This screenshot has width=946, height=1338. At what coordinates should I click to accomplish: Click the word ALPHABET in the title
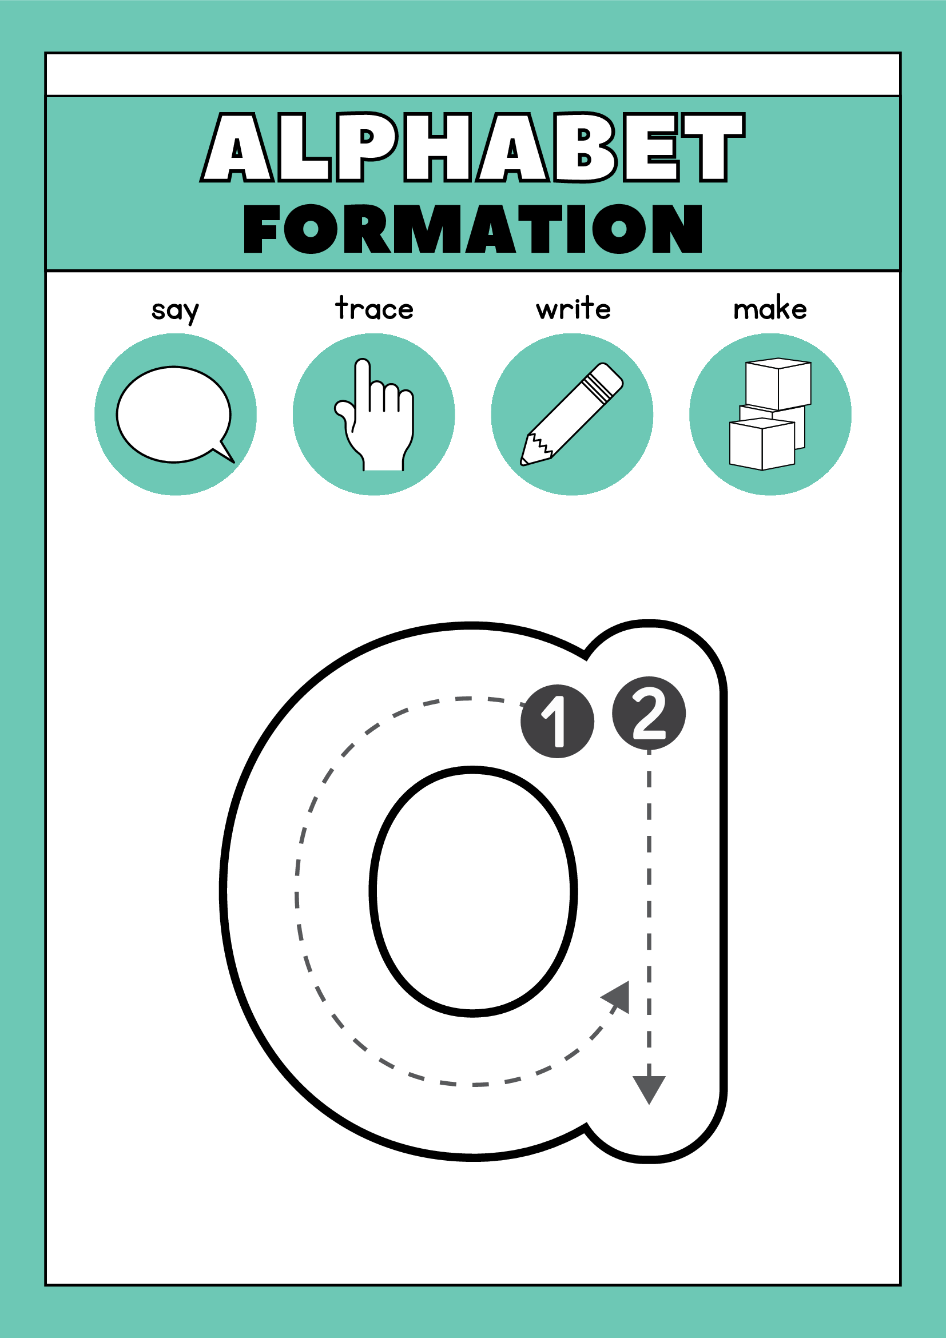pyautogui.click(x=472, y=148)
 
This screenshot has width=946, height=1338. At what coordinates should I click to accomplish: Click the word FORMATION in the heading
pyautogui.click(x=472, y=229)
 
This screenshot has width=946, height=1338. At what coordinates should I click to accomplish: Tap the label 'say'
pyautogui.click(x=175, y=310)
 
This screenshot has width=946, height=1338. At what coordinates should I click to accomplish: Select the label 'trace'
pyautogui.click(x=374, y=309)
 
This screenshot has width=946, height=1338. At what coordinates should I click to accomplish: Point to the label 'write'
pyautogui.click(x=574, y=309)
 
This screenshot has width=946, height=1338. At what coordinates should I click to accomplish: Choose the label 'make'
pyautogui.click(x=770, y=309)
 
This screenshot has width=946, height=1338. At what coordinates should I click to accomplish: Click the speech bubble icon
pyautogui.click(x=174, y=415)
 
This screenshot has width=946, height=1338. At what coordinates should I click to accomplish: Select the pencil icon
pyautogui.click(x=572, y=415)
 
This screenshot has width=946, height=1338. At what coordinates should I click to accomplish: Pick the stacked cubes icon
pyautogui.click(x=769, y=415)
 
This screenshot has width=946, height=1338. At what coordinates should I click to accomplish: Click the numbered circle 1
pyautogui.click(x=557, y=722)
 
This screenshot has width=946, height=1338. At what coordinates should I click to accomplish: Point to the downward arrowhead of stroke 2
pyautogui.click(x=649, y=1089)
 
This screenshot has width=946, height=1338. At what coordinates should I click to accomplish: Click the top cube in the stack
pyautogui.click(x=778, y=384)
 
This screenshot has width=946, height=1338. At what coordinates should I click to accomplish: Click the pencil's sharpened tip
pyautogui.click(x=525, y=460)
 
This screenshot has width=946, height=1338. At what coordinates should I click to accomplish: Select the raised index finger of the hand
pyautogui.click(x=363, y=379)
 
